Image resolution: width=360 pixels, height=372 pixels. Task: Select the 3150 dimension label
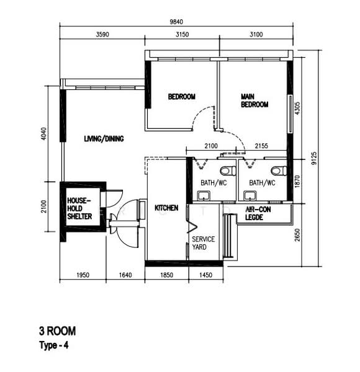coord(181,35)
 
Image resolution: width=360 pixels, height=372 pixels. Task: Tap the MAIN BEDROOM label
coord(254,100)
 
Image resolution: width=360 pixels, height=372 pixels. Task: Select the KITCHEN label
coord(166,208)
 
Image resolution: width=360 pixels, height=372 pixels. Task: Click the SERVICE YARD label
coord(203,243)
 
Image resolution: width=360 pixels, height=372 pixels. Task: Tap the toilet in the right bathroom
coord(276,170)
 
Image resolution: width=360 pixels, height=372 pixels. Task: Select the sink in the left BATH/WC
coord(203,195)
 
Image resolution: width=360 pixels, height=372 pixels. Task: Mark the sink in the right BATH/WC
coord(250,195)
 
